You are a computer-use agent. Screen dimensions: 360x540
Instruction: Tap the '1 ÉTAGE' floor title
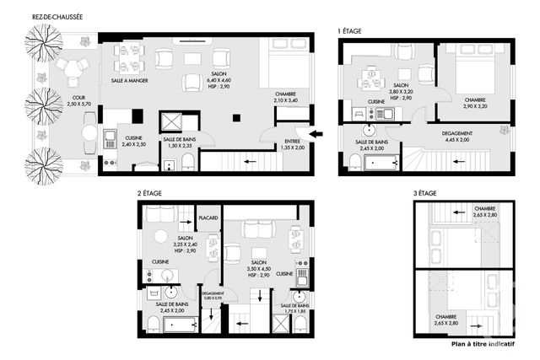pos(350,31)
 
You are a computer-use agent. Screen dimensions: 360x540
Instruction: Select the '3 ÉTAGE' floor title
pos(424,194)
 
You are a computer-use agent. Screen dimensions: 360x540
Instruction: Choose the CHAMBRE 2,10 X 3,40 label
pos(286,97)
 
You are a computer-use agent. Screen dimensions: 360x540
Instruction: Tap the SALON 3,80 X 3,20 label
pos(402,92)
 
